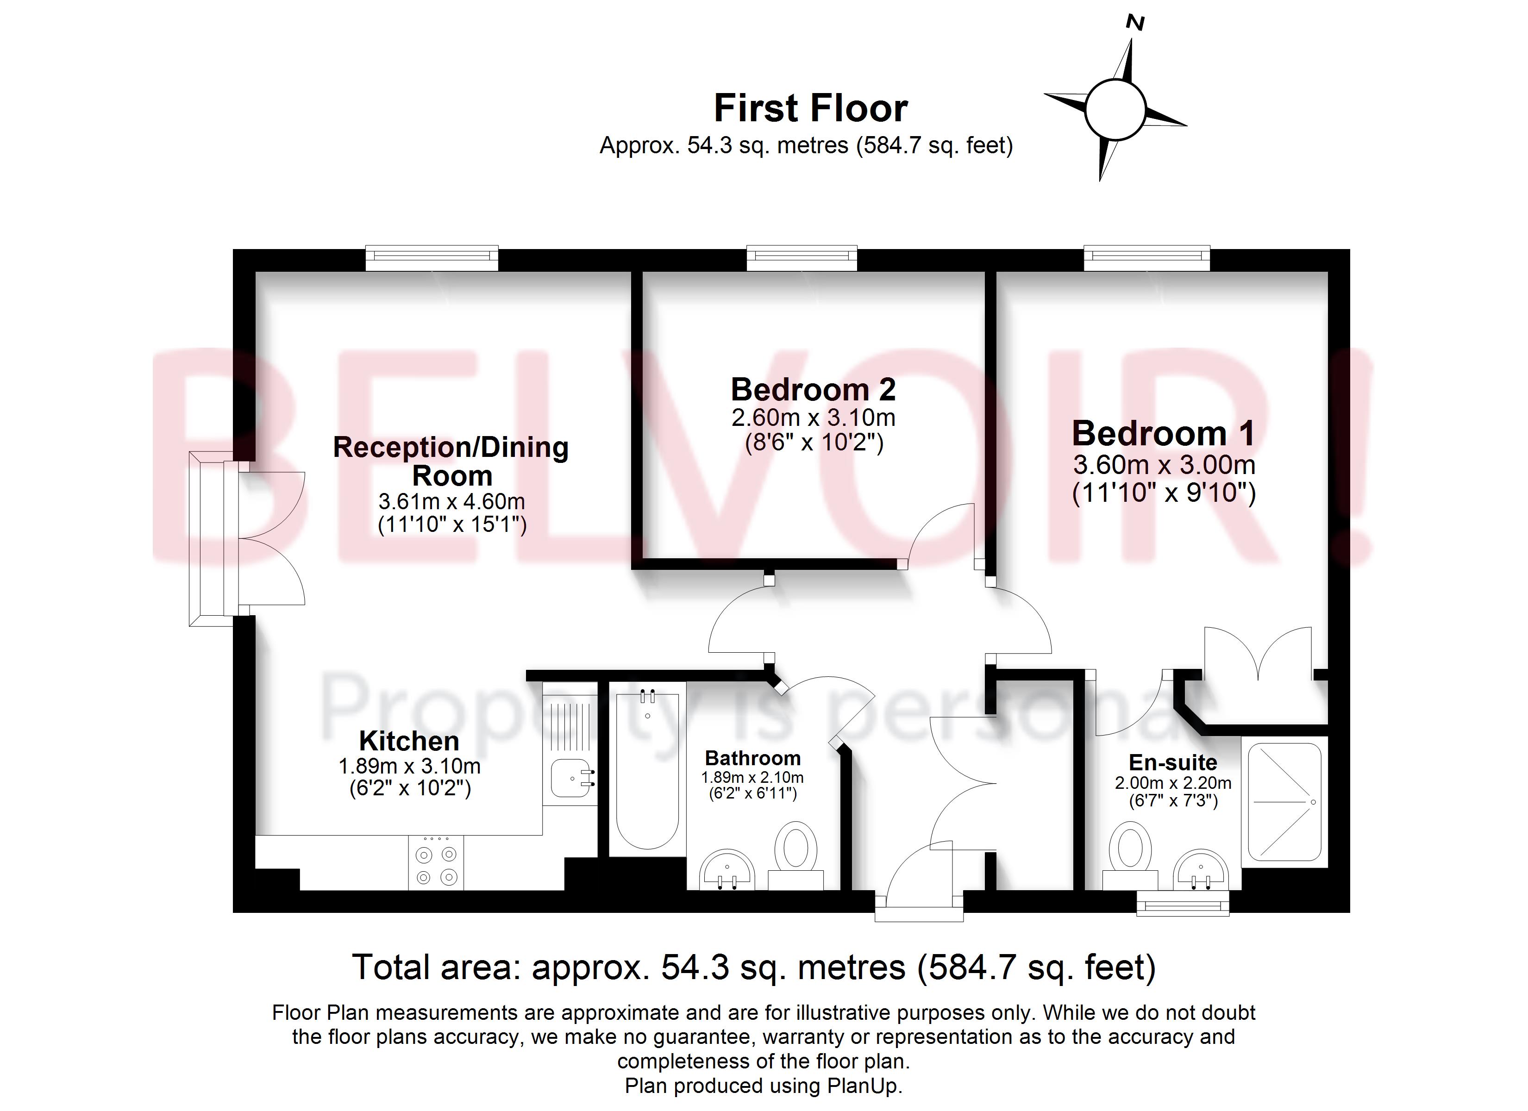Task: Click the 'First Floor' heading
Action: point(810,108)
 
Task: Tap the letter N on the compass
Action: point(1135,24)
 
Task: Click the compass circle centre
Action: point(1115,108)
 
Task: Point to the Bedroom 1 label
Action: point(1164,433)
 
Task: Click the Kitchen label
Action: point(409,741)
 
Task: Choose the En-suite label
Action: point(1173,763)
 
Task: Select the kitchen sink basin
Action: point(570,778)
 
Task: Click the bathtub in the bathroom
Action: point(647,768)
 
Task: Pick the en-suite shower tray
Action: point(1285,802)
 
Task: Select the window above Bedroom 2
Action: point(802,256)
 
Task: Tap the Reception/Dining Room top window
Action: point(432,256)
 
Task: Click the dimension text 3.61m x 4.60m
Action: point(451,502)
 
